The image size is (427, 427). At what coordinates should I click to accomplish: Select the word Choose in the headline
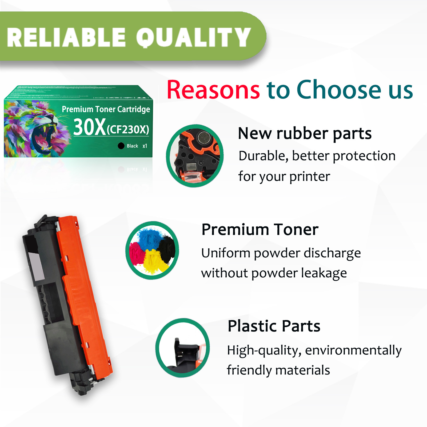(x=339, y=90)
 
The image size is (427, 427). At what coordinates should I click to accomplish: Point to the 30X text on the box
(x=90, y=127)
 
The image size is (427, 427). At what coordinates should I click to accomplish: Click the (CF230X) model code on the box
(x=128, y=130)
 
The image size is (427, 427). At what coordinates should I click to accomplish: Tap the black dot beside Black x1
(x=121, y=146)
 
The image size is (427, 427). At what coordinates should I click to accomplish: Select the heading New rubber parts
(x=305, y=133)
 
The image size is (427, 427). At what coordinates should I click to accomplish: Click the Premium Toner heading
(x=260, y=229)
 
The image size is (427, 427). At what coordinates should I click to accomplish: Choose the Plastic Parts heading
(x=274, y=326)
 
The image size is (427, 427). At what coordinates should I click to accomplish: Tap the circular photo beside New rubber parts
(x=195, y=156)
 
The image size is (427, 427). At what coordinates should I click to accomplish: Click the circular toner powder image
(x=152, y=250)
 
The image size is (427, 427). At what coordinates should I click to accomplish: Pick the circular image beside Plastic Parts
(x=183, y=348)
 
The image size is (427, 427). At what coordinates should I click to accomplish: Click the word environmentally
(x=353, y=350)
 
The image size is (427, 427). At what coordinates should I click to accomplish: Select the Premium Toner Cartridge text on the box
(x=106, y=109)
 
